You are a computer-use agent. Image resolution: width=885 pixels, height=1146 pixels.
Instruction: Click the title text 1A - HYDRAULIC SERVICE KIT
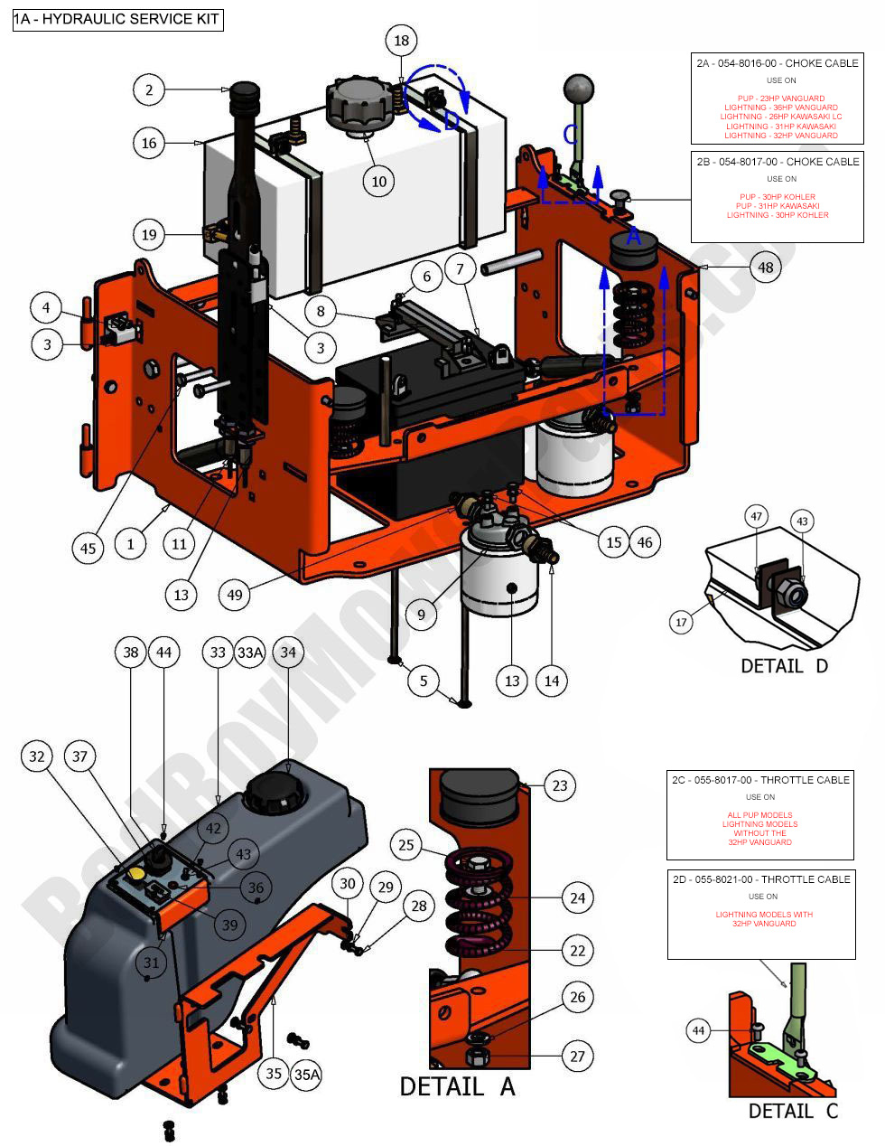[x=117, y=19]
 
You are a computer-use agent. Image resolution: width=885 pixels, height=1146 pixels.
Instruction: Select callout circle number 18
[x=402, y=41]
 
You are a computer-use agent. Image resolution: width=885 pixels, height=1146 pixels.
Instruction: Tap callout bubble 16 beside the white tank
[x=150, y=143]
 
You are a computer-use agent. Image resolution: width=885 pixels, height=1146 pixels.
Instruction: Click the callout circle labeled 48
[x=766, y=268]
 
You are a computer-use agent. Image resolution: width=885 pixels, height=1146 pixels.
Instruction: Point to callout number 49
[x=236, y=595]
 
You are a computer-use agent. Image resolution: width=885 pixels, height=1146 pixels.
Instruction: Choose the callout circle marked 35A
[x=306, y=1074]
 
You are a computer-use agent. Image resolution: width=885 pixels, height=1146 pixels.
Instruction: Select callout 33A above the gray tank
[x=250, y=652]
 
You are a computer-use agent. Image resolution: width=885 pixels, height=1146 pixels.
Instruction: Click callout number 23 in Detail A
[x=560, y=785]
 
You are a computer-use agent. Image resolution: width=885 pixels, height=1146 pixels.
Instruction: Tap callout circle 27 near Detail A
[x=577, y=1056]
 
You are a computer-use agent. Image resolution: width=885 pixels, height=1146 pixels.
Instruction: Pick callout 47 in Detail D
[x=757, y=517]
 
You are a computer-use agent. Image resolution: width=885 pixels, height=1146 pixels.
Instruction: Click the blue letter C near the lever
[x=570, y=134]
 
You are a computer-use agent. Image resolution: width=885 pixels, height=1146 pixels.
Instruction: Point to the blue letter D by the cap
[x=452, y=122]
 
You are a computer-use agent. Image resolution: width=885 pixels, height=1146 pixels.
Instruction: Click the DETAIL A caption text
[x=457, y=1086]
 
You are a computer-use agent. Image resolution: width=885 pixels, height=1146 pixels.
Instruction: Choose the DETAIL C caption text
[x=793, y=1111]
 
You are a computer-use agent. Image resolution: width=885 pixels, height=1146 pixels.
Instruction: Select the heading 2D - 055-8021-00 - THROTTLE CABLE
[x=760, y=878]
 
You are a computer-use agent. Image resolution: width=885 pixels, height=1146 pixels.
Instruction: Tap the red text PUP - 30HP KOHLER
[x=777, y=196]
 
